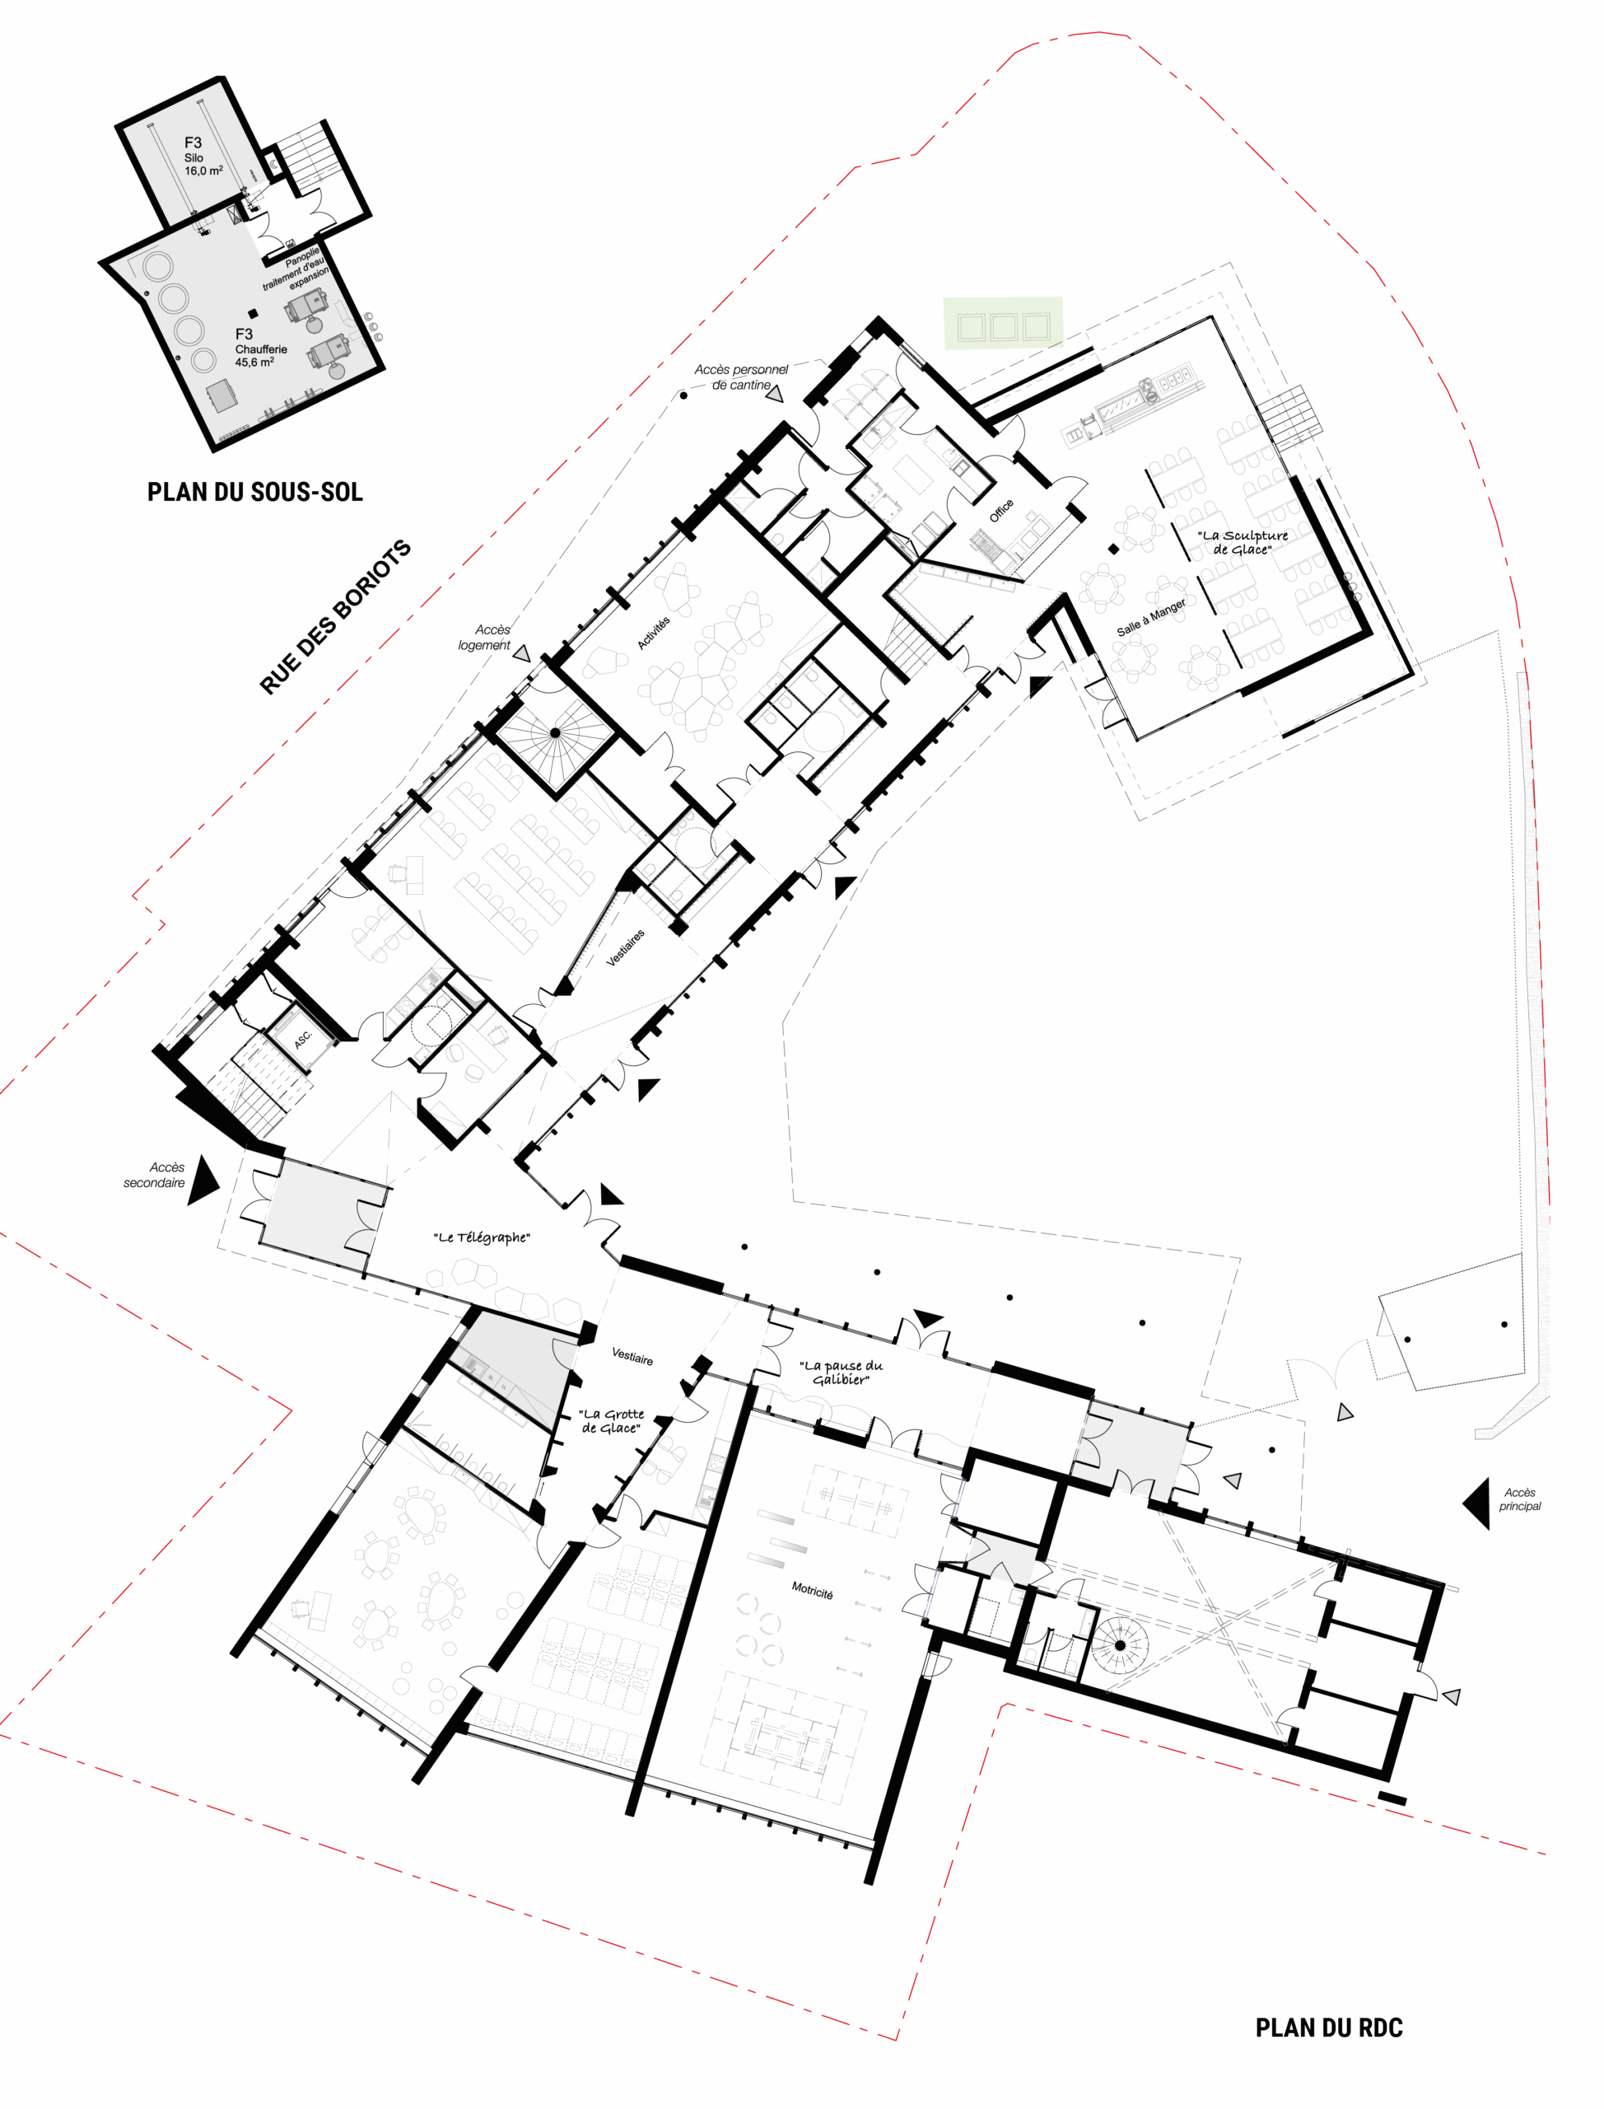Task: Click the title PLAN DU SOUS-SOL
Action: point(255,492)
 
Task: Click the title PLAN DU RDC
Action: point(1328,2027)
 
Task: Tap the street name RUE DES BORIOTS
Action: point(335,617)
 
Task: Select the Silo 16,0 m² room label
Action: point(203,157)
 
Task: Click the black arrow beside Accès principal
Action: point(1477,1504)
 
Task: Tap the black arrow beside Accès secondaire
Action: point(203,1181)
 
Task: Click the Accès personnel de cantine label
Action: point(741,377)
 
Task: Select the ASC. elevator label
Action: point(303,1039)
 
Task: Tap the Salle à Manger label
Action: point(1151,618)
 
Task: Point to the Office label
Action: point(1000,511)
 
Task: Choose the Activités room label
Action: point(654,634)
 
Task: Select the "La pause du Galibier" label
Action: point(842,1372)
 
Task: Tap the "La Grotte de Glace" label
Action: point(611,1421)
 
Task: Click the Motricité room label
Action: point(812,1590)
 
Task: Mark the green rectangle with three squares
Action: point(1003,323)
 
